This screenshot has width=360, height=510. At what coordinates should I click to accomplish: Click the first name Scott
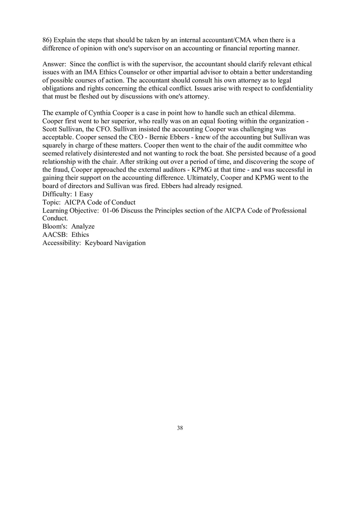[51, 129]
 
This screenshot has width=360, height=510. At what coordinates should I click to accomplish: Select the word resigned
[228, 186]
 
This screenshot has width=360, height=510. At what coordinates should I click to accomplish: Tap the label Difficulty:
[57, 194]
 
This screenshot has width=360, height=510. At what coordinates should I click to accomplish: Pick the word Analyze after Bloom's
[83, 227]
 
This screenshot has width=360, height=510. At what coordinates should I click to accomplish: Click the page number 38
[180, 428]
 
